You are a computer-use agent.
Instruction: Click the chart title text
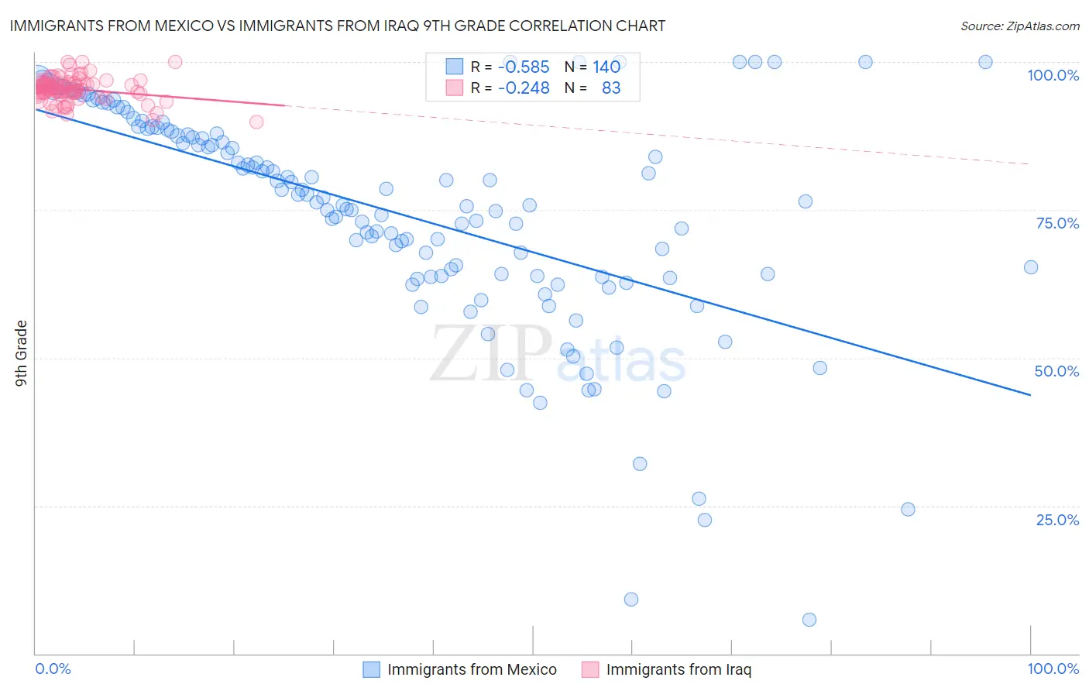337,26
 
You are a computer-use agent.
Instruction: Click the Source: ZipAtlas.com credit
1019,26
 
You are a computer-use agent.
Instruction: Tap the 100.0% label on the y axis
1053,75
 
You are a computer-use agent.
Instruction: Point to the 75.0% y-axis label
1057,223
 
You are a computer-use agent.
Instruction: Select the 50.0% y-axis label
1056,371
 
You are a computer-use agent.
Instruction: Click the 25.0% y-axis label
1057,520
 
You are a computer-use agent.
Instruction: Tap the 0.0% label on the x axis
53,669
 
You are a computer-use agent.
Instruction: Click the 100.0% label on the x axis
1053,669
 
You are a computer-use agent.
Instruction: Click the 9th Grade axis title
21,352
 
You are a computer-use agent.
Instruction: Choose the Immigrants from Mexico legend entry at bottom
472,669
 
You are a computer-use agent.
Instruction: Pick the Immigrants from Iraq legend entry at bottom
678,669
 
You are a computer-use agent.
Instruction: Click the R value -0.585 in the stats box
524,67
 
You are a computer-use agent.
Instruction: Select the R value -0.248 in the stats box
524,88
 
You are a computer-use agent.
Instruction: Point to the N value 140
606,67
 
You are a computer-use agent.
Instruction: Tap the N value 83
611,88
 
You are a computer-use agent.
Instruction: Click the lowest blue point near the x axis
809,620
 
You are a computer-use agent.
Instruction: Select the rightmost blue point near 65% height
1031,267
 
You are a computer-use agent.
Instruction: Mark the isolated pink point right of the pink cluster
256,122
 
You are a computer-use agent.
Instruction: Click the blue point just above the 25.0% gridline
909,510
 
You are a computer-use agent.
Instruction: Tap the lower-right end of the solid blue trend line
1030,395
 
